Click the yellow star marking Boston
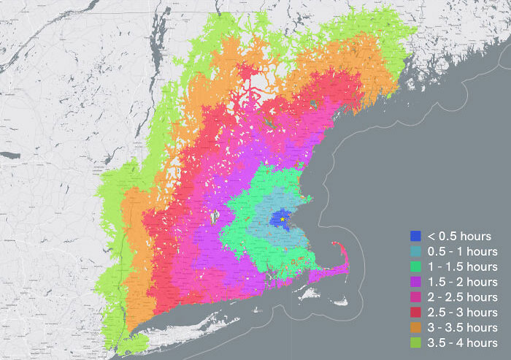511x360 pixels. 283,219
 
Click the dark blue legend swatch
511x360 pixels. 416,236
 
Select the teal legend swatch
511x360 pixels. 416,251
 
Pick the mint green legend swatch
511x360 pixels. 416,267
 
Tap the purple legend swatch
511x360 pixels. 416,282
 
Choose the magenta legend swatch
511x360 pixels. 416,297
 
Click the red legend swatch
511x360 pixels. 416,313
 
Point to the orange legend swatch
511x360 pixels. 416,327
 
